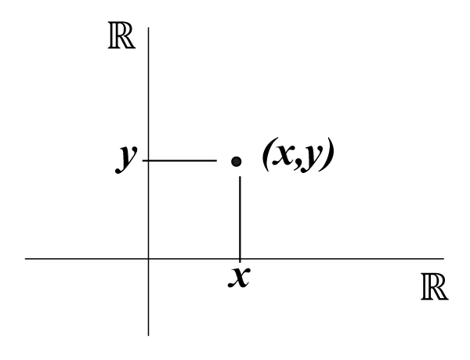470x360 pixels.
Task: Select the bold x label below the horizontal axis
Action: pos(239,275)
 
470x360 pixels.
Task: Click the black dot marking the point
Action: pos(237,161)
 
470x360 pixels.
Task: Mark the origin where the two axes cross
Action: pos(148,257)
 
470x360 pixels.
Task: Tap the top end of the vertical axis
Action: pos(148,29)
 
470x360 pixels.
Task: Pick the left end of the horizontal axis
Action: pos(27,257)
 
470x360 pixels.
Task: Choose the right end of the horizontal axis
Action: pos(443,257)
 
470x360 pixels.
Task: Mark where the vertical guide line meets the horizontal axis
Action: pos(239,257)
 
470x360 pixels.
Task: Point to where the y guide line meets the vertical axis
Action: pos(148,160)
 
